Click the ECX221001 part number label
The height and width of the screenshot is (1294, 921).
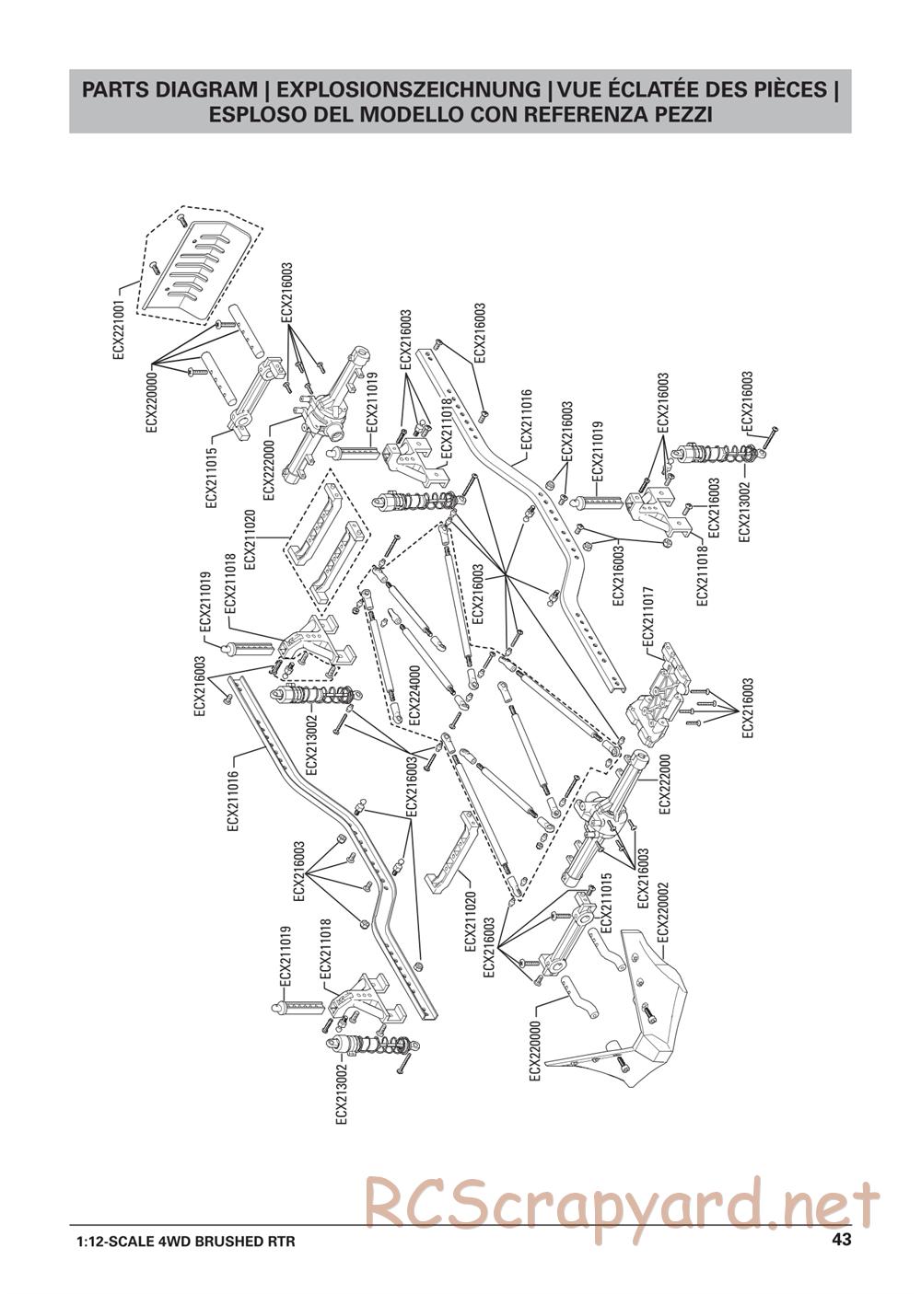(x=119, y=329)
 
